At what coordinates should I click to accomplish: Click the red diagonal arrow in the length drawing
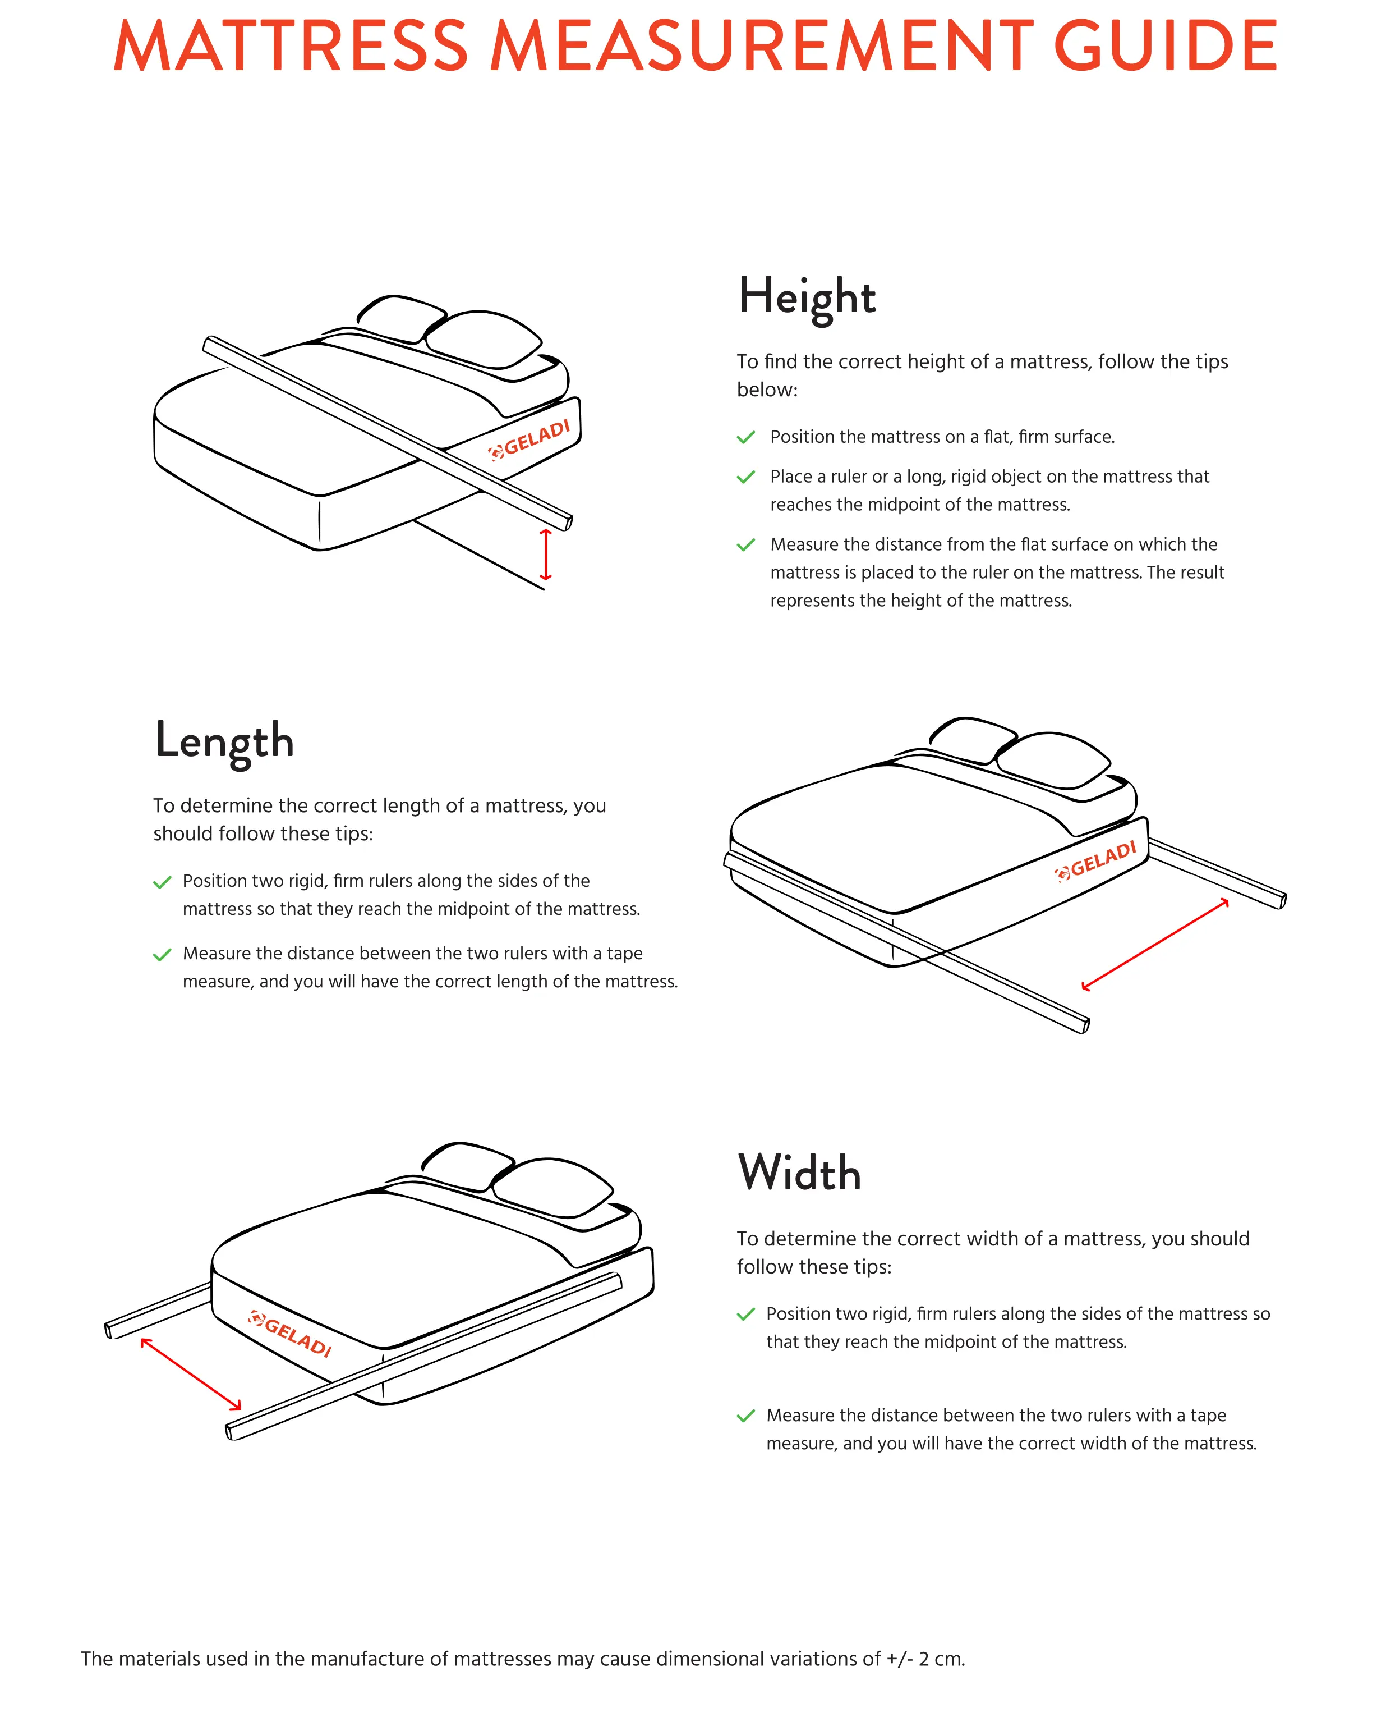pos(1154,945)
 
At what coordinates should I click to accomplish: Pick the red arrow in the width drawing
pos(191,1374)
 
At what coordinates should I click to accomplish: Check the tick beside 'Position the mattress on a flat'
pos(745,438)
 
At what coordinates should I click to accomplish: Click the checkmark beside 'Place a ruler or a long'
pos(745,477)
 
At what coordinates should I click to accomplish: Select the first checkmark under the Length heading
pos(162,882)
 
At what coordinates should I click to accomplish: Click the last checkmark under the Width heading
pos(745,1416)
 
